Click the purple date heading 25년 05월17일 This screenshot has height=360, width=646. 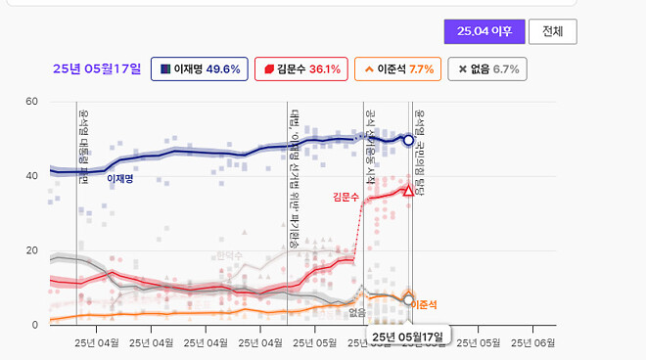click(96, 69)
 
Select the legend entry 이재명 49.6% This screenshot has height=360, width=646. click(199, 69)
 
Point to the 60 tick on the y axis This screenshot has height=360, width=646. click(31, 102)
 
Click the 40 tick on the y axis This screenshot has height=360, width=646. click(31, 176)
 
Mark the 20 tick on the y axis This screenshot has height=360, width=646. click(31, 250)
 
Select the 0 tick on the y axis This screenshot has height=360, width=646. click(34, 325)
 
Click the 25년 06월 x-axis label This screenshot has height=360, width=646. click(531, 343)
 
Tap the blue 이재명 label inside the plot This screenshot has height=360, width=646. click(120, 179)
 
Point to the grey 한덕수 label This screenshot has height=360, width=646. click(228, 255)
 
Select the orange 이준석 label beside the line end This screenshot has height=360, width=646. click(424, 305)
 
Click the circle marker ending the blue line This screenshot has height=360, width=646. click(408, 141)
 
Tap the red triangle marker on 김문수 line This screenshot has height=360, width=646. click(408, 190)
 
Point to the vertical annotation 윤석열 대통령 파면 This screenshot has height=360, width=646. click(83, 144)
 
